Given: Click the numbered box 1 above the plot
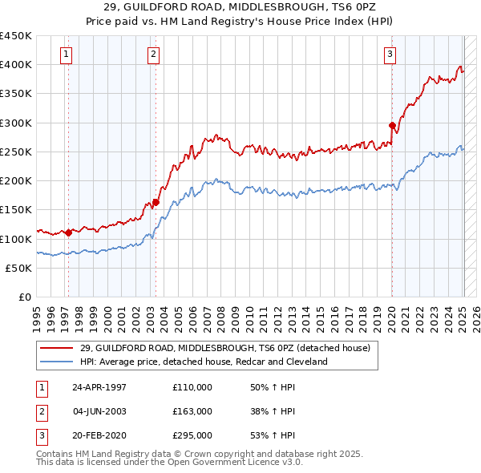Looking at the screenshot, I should coord(65,55).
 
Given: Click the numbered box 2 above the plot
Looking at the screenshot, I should coord(153,55).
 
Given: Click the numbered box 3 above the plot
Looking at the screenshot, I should coord(390,55).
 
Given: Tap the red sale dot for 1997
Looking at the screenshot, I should coord(69,233).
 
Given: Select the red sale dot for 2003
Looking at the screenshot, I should coord(156,202).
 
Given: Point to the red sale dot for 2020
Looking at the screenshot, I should coord(392,125).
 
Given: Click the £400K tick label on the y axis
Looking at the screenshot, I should coord(16,65).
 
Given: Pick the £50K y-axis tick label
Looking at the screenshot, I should coord(19,269).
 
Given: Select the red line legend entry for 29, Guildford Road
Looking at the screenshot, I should coord(224,348).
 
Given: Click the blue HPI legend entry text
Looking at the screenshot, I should coord(204,362).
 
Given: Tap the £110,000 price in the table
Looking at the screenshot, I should coord(192,386).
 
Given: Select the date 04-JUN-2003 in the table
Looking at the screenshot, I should coord(99,411).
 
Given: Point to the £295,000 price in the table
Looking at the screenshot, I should coord(192,436).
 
